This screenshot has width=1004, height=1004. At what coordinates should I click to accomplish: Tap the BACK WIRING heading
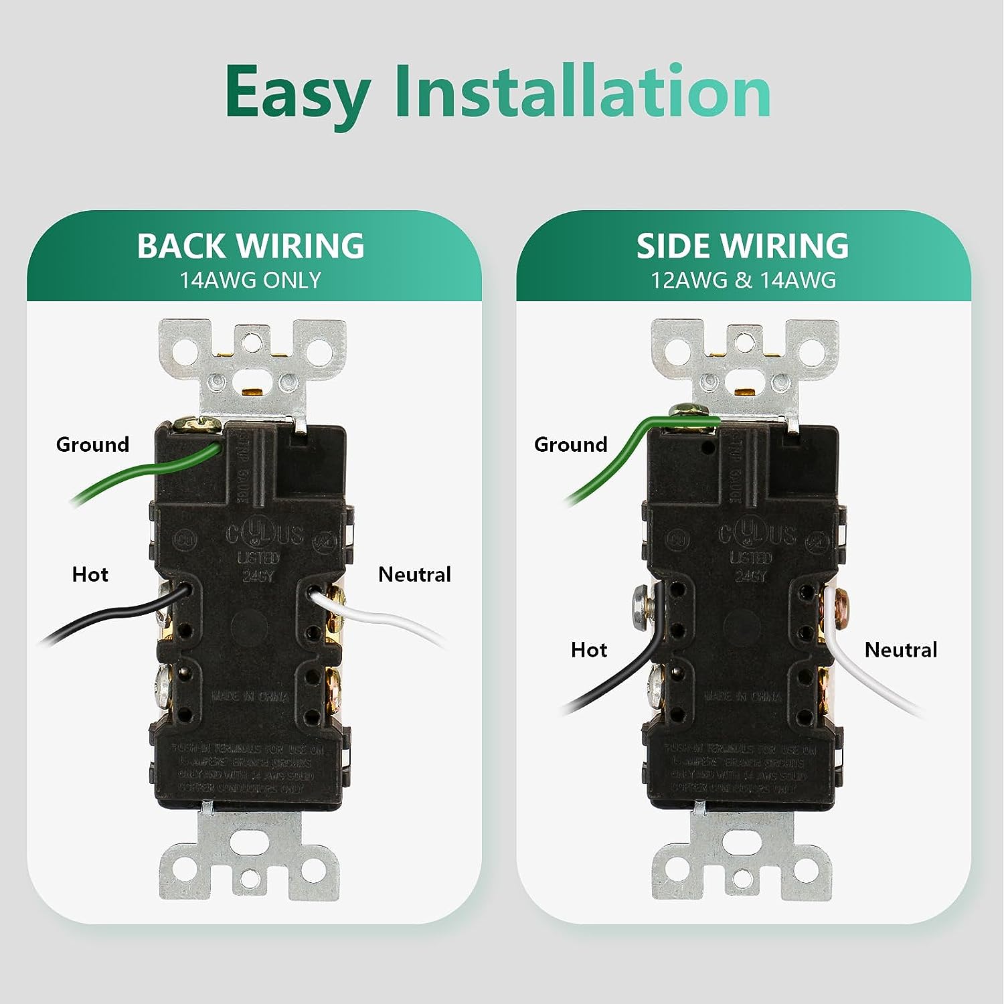[251, 246]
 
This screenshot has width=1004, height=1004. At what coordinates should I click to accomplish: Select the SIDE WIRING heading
[742, 246]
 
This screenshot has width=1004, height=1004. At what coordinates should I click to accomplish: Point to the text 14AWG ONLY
[250, 280]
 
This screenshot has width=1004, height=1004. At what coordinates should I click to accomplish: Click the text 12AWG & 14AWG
[744, 280]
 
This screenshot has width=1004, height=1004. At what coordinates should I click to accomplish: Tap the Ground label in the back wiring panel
[92, 444]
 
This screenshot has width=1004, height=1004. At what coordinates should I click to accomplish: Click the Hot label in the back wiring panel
[90, 574]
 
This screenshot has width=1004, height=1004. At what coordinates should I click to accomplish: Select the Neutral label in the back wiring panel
[414, 574]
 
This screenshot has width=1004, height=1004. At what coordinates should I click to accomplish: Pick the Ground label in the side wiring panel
[570, 444]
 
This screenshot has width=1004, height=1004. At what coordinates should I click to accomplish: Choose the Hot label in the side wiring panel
[589, 649]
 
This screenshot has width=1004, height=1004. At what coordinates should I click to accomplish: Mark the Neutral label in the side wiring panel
[901, 649]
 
